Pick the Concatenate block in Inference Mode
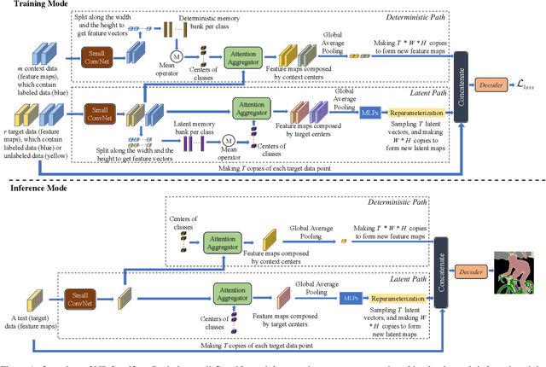coord(443,276)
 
